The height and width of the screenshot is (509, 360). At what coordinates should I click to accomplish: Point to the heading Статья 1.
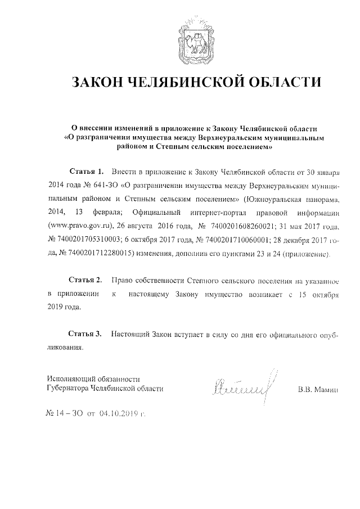coord(87,170)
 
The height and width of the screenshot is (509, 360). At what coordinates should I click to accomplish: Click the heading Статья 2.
coord(85,280)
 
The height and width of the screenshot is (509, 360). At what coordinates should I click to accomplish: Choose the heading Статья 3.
coord(85,334)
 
